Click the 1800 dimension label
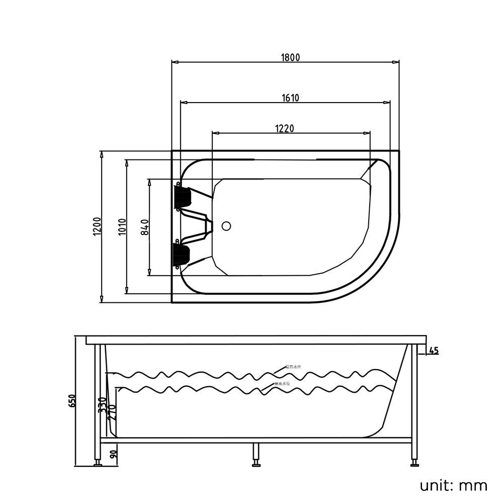[290, 57]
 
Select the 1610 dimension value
[290, 98]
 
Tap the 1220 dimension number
[284, 128]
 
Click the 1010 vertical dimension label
[121, 226]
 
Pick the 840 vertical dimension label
[144, 227]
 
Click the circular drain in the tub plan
[226, 226]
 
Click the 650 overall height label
[72, 401]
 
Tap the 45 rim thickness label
[434, 351]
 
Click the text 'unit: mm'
[454, 485]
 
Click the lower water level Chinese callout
[282, 384]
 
